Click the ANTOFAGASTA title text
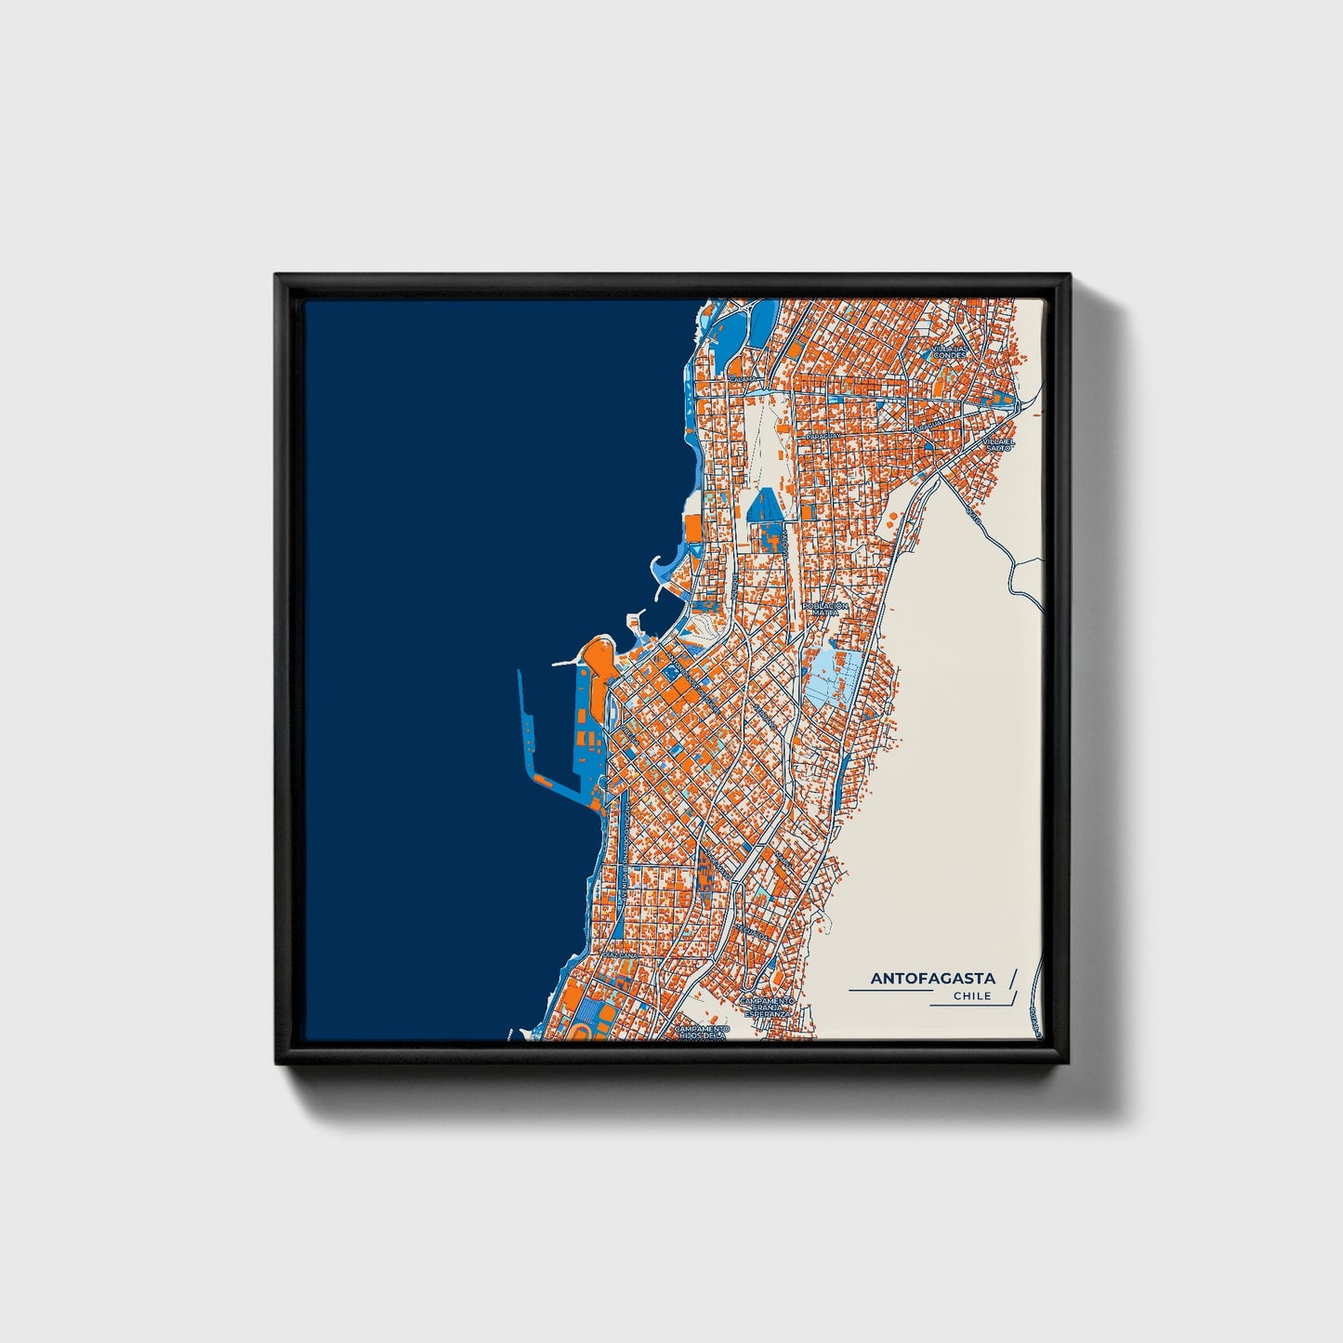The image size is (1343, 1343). (932, 978)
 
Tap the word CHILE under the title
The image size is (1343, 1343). (972, 996)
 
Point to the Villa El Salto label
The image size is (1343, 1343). (998, 444)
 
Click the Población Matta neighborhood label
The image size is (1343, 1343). (824, 609)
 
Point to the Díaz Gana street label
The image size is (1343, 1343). (621, 955)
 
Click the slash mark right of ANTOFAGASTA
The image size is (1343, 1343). (1012, 978)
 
